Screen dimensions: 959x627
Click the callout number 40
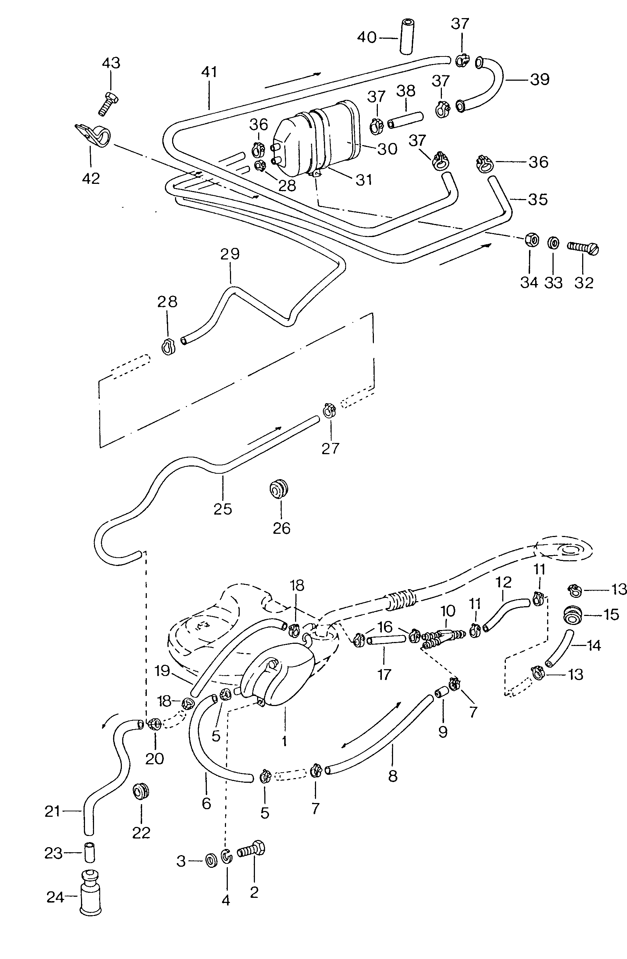[x=366, y=38]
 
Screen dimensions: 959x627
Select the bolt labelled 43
[x=107, y=103]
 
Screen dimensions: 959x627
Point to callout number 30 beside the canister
[x=387, y=149]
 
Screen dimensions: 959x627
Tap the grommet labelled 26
[x=279, y=489]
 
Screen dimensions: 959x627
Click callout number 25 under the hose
[x=223, y=509]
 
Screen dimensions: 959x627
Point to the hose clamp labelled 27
[x=329, y=411]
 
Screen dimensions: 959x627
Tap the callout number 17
[x=384, y=674]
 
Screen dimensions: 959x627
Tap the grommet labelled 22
[x=141, y=792]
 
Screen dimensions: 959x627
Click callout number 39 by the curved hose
[x=539, y=79]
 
